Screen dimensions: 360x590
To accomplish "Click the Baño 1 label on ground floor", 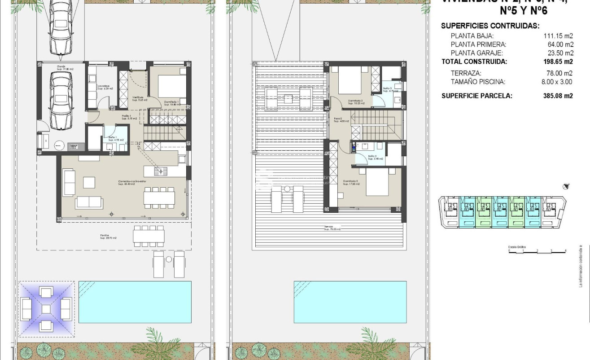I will (x=110, y=138).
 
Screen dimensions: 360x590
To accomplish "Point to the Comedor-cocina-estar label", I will (x=132, y=182).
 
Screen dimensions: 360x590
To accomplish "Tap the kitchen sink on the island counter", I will (x=160, y=171).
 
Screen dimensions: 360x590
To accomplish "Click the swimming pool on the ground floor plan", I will (x=135, y=302).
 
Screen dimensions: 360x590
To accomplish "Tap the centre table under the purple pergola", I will (x=46, y=309).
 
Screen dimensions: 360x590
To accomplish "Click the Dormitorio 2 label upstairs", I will (x=351, y=182).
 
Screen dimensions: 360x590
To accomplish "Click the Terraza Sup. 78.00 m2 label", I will (x=332, y=228).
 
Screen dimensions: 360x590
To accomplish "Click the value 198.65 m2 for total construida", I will (x=558, y=62).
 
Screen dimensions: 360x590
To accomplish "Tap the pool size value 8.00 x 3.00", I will (x=556, y=82).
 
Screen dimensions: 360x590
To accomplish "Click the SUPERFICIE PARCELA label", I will (x=476, y=96).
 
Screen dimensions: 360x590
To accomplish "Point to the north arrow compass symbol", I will (x=565, y=186).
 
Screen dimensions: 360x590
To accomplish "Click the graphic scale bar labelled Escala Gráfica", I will (x=537, y=252).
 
